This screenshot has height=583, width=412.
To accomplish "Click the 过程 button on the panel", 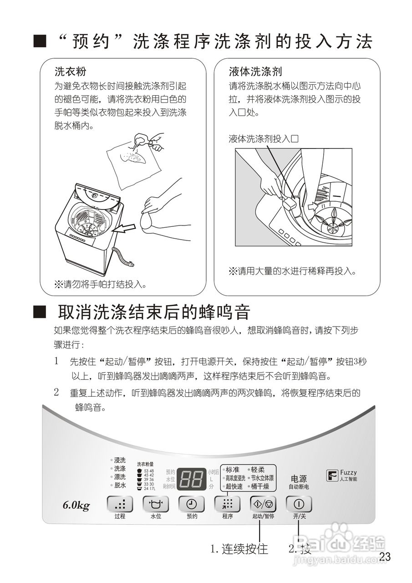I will pos(120,504).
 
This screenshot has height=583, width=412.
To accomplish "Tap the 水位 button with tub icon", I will pos(156,504).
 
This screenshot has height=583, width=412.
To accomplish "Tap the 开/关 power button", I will pos(299,504).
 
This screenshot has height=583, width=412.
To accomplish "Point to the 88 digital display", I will pos(191,478).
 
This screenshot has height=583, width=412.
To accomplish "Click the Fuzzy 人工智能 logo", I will pos(341,476).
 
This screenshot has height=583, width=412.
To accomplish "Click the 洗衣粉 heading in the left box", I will pos(71,72).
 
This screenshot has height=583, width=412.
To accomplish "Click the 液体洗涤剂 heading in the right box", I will pos(255,72).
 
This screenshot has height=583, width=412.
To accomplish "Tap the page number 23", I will pos(385,557).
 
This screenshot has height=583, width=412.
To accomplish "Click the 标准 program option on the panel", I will pos(233,470).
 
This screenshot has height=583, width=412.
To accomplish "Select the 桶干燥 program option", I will pos(260,486).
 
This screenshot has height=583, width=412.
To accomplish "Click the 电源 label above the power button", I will pos(299,479).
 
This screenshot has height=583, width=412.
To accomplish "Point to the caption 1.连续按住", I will pos(239,549).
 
